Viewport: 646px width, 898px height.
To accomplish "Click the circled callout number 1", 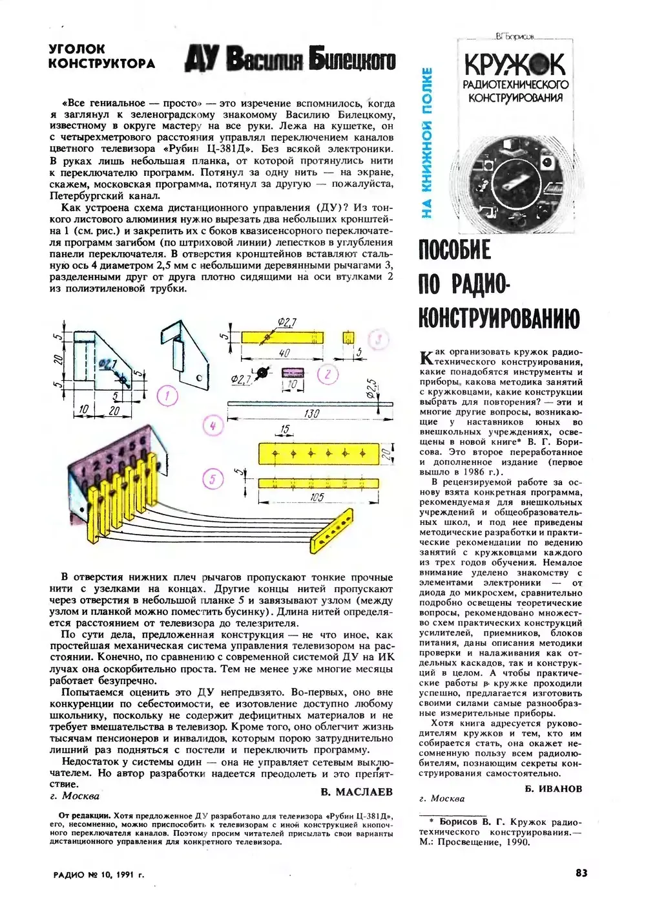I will point(168,396).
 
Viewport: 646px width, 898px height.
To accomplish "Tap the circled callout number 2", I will point(328,374).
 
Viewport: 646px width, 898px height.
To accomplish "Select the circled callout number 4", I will point(213,425).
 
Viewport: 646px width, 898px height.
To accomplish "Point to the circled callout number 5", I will point(213,479).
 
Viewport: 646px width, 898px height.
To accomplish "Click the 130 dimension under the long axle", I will point(312,413).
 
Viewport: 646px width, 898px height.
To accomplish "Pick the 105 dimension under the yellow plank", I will point(317,497).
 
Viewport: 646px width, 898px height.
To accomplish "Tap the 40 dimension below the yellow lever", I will point(284,353).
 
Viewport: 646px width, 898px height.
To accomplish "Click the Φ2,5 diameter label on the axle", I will point(371,387).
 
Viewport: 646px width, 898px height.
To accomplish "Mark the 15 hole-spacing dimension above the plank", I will point(285,430).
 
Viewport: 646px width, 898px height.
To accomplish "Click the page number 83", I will point(581,873).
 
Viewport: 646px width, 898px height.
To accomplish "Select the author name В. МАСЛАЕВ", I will point(357,791).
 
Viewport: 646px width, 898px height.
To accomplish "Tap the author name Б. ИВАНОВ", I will point(554,788).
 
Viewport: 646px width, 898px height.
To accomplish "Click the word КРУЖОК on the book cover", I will point(514,65).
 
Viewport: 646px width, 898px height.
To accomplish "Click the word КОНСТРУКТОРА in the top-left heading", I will point(101,63).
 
